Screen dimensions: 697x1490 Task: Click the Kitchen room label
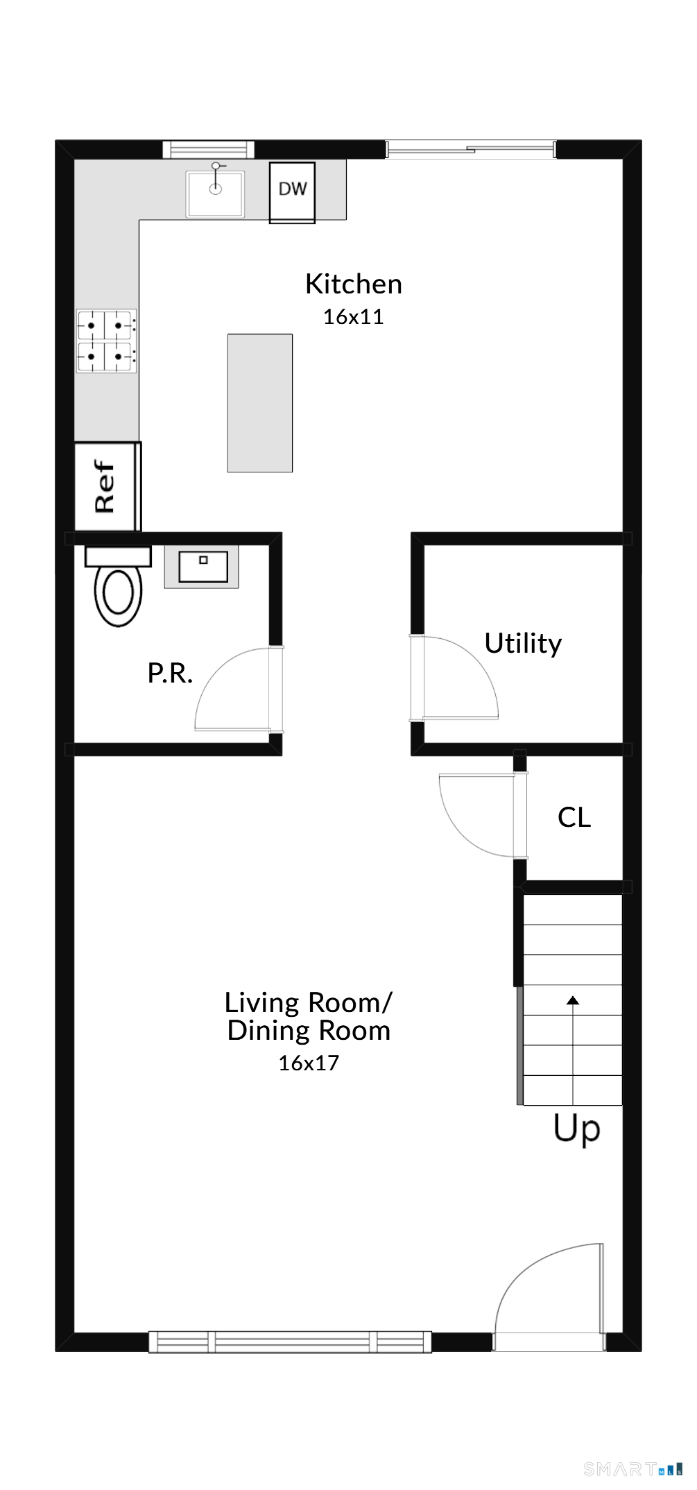(354, 284)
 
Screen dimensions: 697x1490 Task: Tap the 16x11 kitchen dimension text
(354, 317)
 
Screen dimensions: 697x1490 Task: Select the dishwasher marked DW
(292, 192)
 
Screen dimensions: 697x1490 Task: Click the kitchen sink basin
(215, 194)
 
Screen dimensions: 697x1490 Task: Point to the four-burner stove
(105, 341)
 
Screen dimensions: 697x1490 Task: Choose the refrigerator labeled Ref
(107, 486)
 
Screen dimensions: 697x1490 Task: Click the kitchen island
(260, 403)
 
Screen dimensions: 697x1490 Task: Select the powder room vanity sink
(202, 567)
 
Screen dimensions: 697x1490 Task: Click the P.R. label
(170, 673)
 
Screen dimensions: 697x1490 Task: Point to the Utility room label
(523, 644)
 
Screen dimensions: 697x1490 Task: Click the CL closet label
(574, 817)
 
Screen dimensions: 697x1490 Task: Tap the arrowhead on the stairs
(573, 1000)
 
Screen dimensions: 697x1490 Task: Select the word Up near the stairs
(577, 1129)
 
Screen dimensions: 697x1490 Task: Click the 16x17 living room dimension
(309, 1063)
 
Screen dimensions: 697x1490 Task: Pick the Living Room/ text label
(309, 1002)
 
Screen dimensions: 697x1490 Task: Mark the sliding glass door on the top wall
(471, 149)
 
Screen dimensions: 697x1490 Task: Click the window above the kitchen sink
(209, 149)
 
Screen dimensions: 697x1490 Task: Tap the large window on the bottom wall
(291, 1342)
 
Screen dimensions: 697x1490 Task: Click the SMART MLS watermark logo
(633, 1468)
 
